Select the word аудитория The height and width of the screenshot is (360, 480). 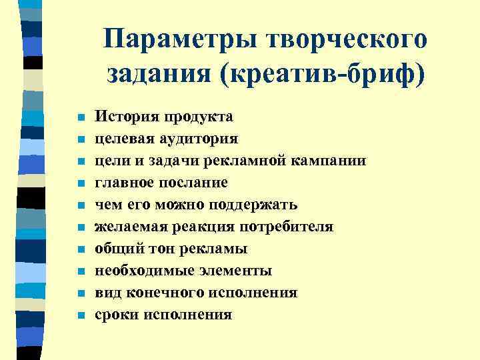(x=197, y=139)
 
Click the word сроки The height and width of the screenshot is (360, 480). (x=115, y=315)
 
